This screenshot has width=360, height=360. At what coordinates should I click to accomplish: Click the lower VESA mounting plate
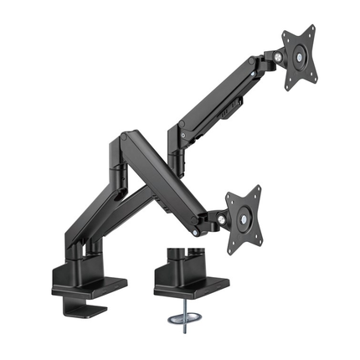(x=244, y=217)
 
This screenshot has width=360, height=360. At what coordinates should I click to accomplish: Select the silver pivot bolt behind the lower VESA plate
(x=219, y=219)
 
